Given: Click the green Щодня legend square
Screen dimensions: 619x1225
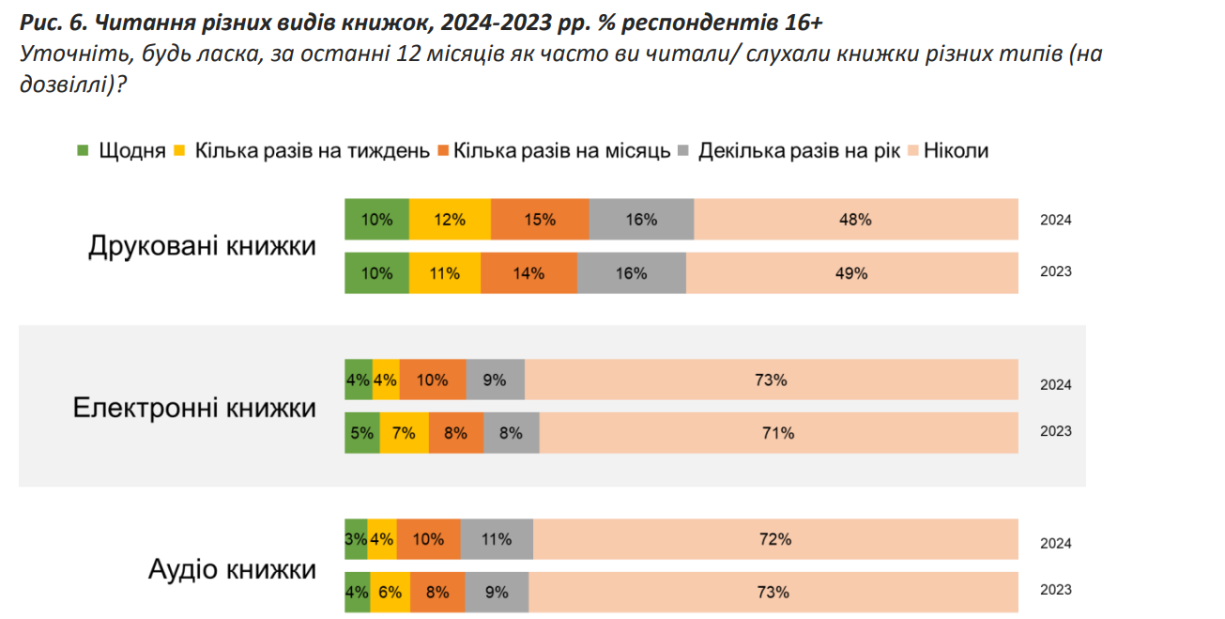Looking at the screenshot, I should click(82, 150).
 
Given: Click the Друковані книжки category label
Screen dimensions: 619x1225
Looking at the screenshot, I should click(202, 246).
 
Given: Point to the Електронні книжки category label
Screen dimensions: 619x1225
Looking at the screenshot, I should click(194, 408).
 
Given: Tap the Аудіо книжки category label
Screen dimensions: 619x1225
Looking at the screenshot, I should click(232, 569).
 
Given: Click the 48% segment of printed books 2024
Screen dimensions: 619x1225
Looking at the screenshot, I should click(855, 220).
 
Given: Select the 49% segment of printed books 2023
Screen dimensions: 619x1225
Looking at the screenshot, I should click(851, 273).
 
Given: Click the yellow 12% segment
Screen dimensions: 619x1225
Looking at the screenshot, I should click(450, 220).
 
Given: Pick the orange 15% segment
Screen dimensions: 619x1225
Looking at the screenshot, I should click(540, 220).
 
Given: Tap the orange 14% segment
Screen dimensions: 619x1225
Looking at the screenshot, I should click(528, 273).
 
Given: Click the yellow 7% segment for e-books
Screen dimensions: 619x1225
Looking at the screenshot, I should click(405, 433).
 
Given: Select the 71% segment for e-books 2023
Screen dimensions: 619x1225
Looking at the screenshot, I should click(778, 433).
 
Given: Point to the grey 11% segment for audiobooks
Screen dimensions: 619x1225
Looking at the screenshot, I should click(497, 539).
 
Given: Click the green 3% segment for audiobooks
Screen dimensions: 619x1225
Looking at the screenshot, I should click(356, 539).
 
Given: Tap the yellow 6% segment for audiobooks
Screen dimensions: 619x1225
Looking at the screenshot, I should click(390, 593).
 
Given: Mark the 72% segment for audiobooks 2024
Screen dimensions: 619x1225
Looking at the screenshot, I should click(775, 539).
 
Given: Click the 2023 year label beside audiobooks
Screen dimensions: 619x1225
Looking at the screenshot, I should click(1055, 590).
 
